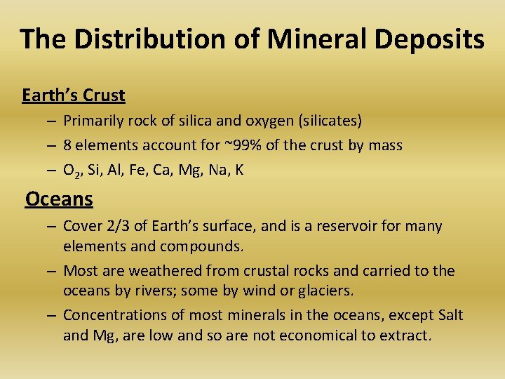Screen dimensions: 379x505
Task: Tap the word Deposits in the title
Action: point(429,39)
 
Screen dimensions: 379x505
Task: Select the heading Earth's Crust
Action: point(74,95)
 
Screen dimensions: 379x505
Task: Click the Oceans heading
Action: point(59,199)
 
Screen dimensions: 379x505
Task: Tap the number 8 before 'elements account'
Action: point(67,145)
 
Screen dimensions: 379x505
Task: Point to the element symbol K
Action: point(239,170)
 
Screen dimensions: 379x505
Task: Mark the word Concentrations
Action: point(113,315)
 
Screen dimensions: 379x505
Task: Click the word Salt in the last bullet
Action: point(449,315)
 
